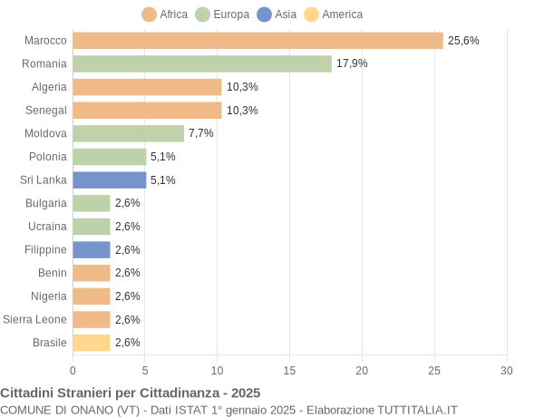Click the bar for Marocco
click(x=257, y=41)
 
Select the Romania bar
click(x=202, y=63)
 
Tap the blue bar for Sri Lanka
click(x=109, y=179)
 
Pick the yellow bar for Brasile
click(x=91, y=343)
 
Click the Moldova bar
click(x=128, y=133)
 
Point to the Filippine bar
click(x=91, y=249)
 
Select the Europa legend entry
click(x=222, y=15)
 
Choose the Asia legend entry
click(x=277, y=15)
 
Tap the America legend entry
click(x=333, y=15)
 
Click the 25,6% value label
click(x=463, y=41)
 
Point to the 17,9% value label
click(x=352, y=63)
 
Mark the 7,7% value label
click(x=201, y=133)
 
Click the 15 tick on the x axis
click(x=289, y=371)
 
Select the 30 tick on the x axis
click(x=507, y=371)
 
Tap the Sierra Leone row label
click(x=34, y=319)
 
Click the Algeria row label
click(x=49, y=87)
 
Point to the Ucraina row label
click(x=47, y=227)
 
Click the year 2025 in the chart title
click(x=245, y=393)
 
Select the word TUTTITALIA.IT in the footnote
click(x=412, y=410)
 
